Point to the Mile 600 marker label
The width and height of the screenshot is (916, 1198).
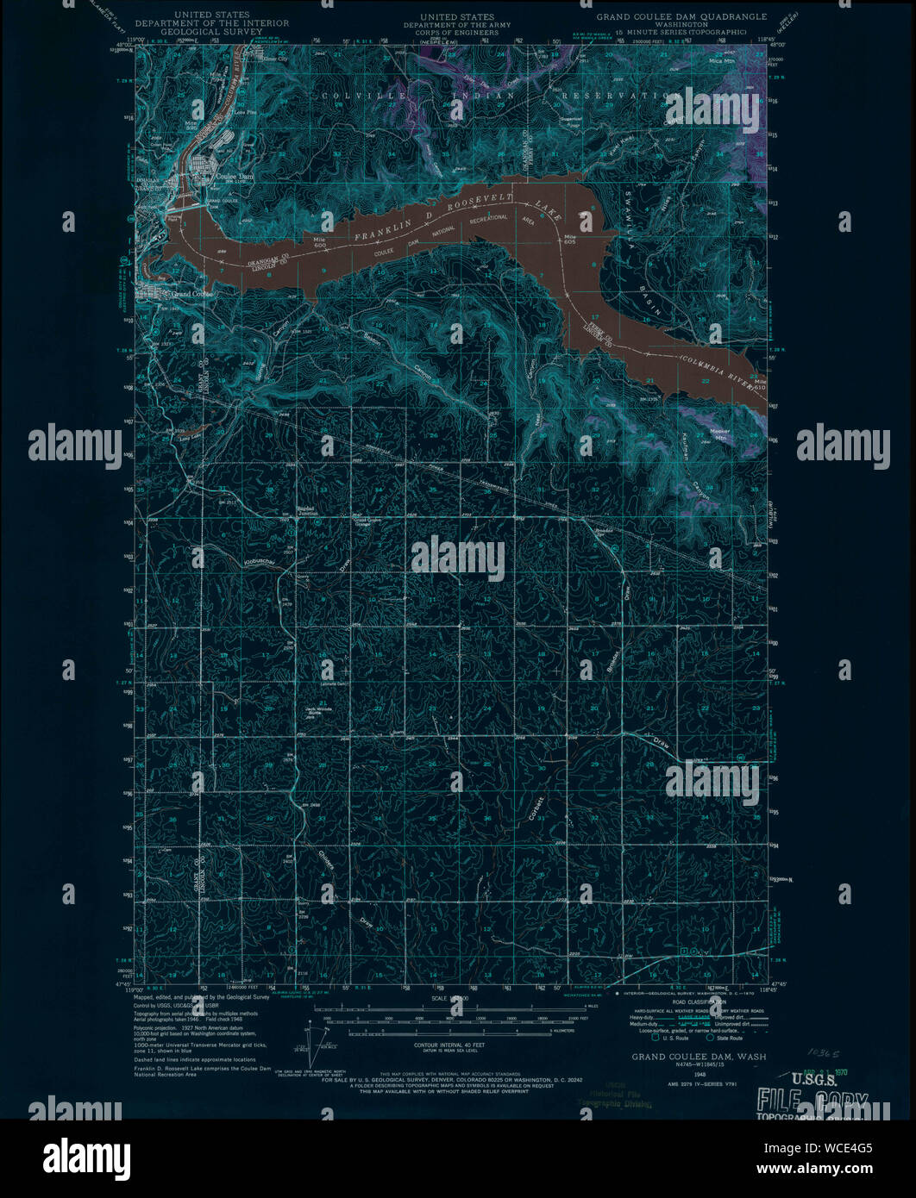pos(321,241)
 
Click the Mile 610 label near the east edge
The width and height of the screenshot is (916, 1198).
pos(756,385)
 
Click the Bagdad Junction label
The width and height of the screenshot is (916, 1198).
pos(308,510)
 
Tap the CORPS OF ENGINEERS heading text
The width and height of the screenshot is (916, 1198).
pos(457,34)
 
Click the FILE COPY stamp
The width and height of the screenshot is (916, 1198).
pos(812,1101)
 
